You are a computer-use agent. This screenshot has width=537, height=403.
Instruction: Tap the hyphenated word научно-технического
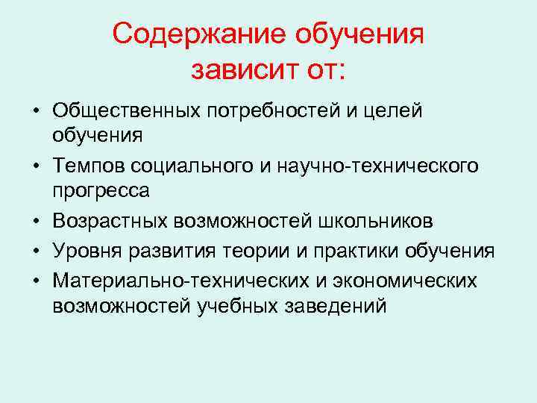tap(376, 164)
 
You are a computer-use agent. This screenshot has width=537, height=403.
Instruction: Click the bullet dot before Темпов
tap(36, 164)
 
